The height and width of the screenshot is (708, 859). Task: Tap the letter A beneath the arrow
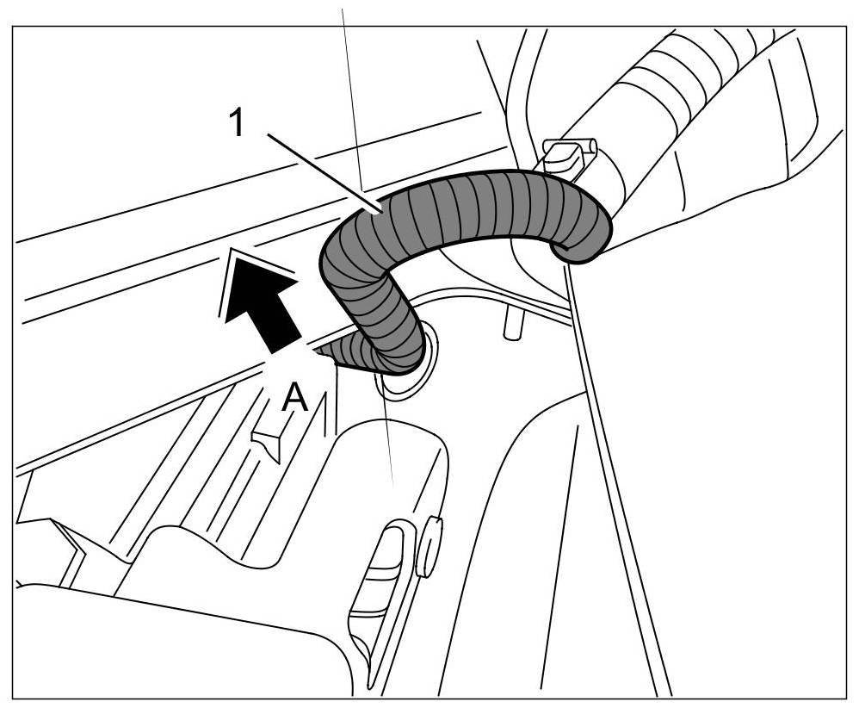[x=295, y=399]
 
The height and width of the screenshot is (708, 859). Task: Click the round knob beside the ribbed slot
[x=428, y=548]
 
